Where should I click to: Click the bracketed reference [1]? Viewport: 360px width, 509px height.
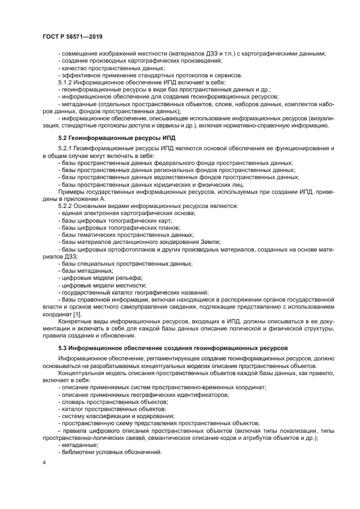(77, 314)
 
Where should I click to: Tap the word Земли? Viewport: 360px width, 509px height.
(210, 242)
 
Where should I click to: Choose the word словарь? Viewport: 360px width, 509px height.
(74, 401)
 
